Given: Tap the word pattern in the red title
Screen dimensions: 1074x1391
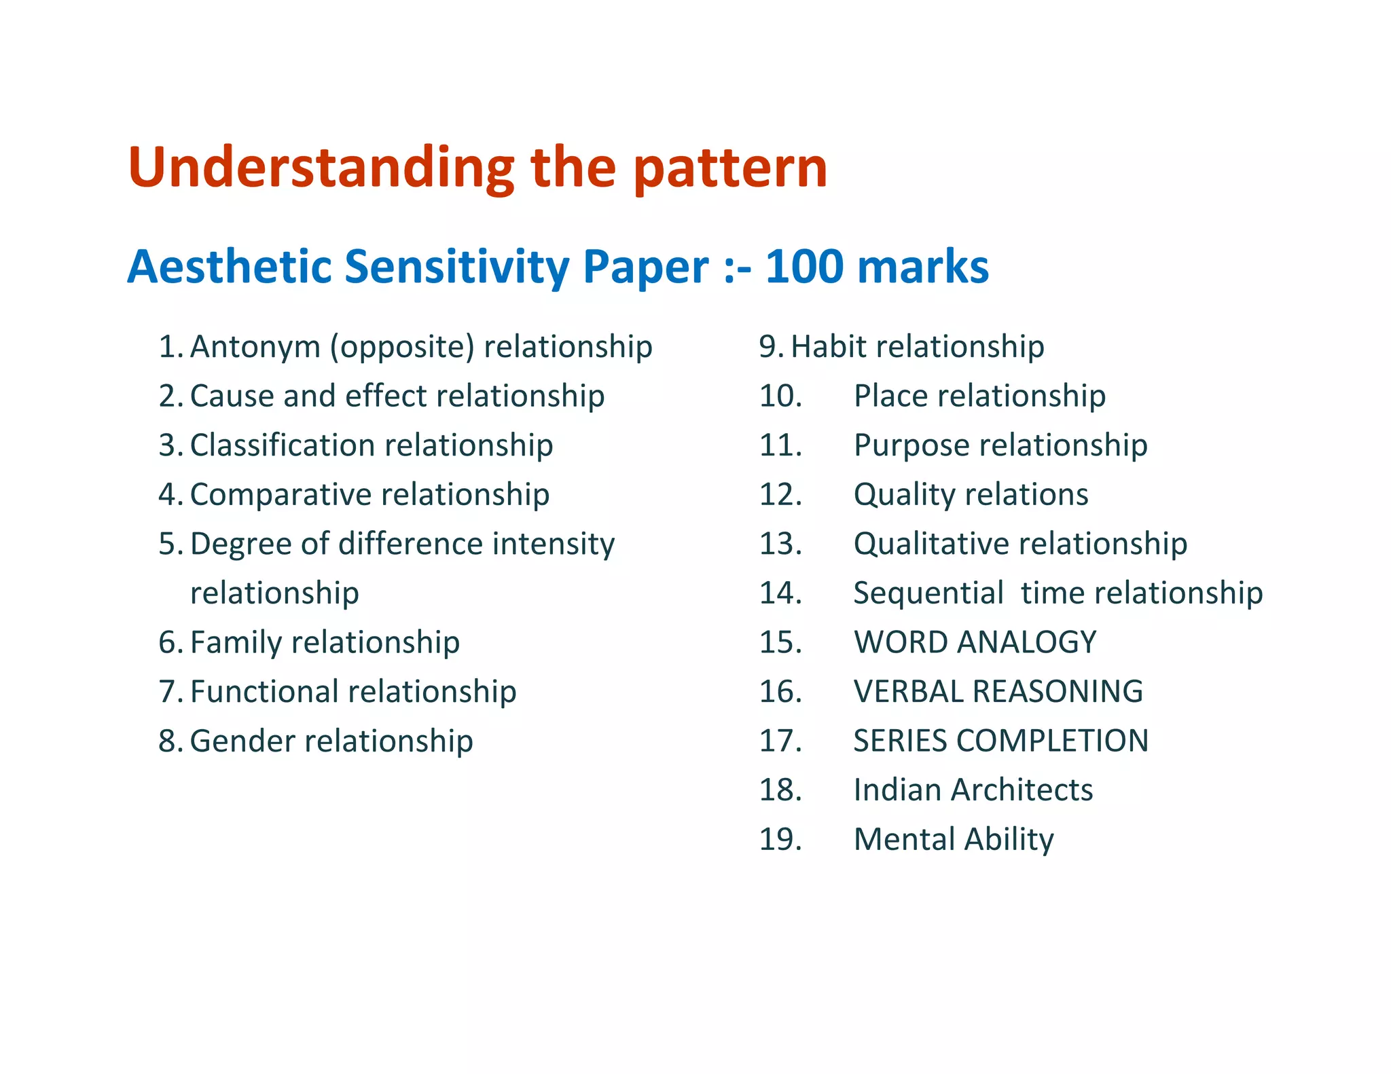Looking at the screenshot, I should click(x=730, y=168).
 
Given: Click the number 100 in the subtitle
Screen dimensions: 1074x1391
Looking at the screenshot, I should click(x=804, y=266).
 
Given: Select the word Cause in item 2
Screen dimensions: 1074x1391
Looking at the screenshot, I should click(x=230, y=396).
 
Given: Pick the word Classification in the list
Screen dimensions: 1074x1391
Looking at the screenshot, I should click(x=283, y=445).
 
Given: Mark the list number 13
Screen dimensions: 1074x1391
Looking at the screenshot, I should click(x=780, y=544).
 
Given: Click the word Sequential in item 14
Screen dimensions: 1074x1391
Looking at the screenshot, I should click(x=928, y=593).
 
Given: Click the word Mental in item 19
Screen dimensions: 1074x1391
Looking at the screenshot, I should click(x=903, y=840).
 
